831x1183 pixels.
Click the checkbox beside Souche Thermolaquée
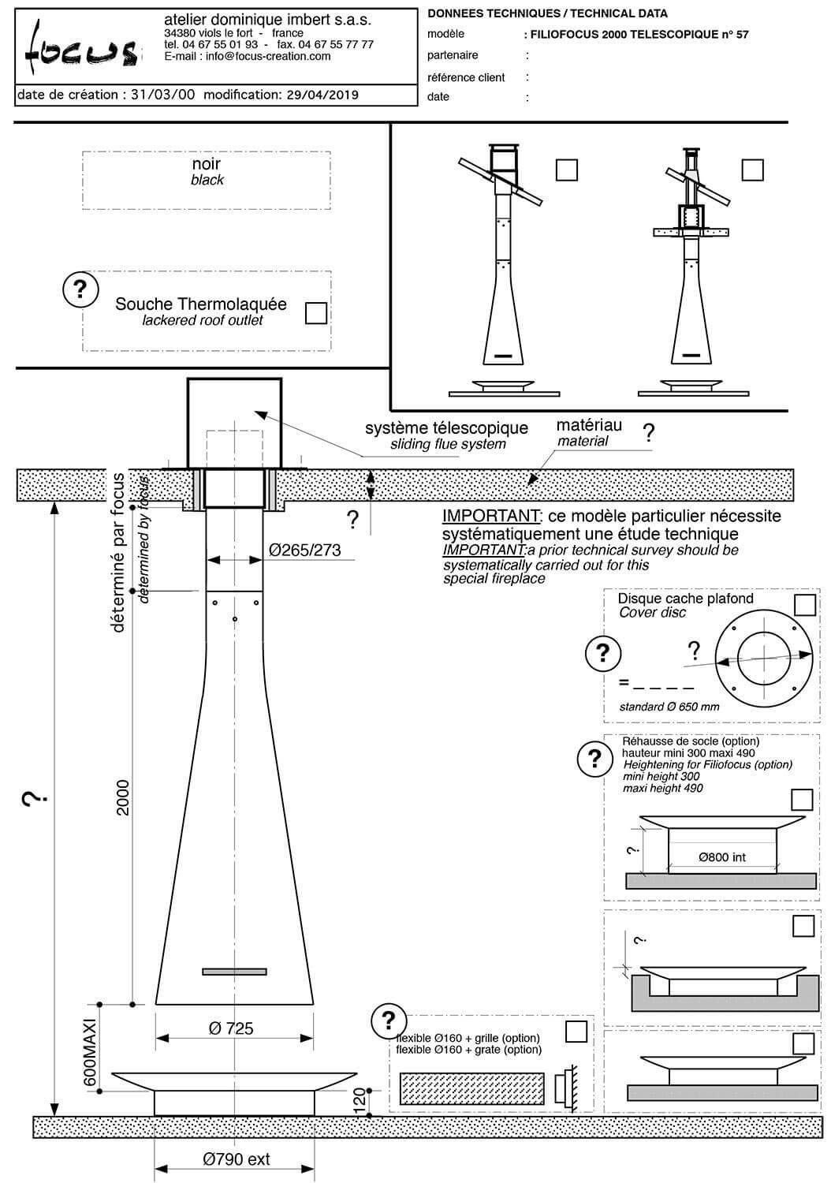coord(316,313)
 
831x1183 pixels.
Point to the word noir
coord(207,164)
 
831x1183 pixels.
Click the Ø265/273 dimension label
coord(304,550)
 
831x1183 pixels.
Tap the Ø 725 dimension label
coord(231,1028)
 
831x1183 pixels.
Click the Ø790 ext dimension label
coord(237,1159)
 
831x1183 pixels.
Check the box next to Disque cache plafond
coord(805,605)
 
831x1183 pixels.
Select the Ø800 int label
coord(721,857)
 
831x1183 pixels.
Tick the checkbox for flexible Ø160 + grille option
coord(576,1031)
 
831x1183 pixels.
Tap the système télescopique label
coord(446,428)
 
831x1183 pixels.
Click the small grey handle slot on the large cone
coord(234,971)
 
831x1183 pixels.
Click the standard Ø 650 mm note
coord(669,707)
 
